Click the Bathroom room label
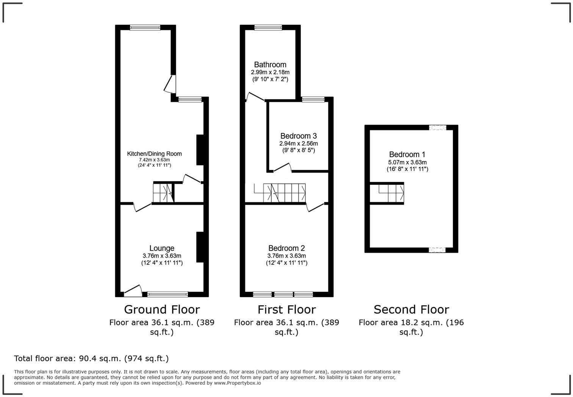(270, 65)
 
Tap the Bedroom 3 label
(298, 136)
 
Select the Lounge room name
(162, 248)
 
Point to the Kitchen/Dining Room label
(154, 154)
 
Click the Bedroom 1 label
(407, 155)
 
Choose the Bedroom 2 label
(286, 248)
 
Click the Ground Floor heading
(162, 309)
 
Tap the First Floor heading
(286, 309)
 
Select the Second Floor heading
(411, 309)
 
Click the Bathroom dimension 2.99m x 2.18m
(270, 72)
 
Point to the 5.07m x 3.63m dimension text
(407, 162)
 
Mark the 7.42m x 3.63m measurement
(154, 160)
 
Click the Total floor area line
(91, 359)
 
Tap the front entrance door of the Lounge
(133, 291)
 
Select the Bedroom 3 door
(283, 167)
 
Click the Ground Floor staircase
(164, 193)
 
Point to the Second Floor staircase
(387, 193)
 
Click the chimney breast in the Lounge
(200, 247)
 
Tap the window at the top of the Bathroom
(268, 28)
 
